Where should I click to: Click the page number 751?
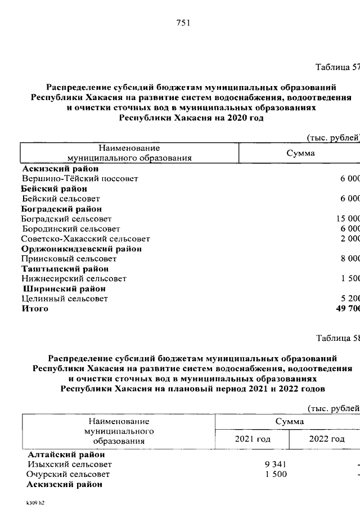click(x=183, y=23)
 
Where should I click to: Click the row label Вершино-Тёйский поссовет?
click(x=79, y=178)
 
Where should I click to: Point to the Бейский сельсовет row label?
click(x=61, y=199)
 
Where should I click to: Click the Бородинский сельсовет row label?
click(x=71, y=229)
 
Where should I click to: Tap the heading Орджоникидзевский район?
click(x=82, y=249)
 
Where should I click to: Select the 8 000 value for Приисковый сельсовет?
click(x=349, y=259)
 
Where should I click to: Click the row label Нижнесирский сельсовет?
click(x=74, y=278)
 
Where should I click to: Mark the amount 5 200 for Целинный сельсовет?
click(x=349, y=299)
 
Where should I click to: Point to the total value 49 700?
click(x=347, y=309)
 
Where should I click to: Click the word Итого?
click(x=35, y=309)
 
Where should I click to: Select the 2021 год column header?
click(x=253, y=439)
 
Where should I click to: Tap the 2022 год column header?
click(x=326, y=439)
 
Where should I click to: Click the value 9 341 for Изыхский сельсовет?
click(x=272, y=464)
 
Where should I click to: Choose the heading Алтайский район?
click(x=66, y=454)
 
